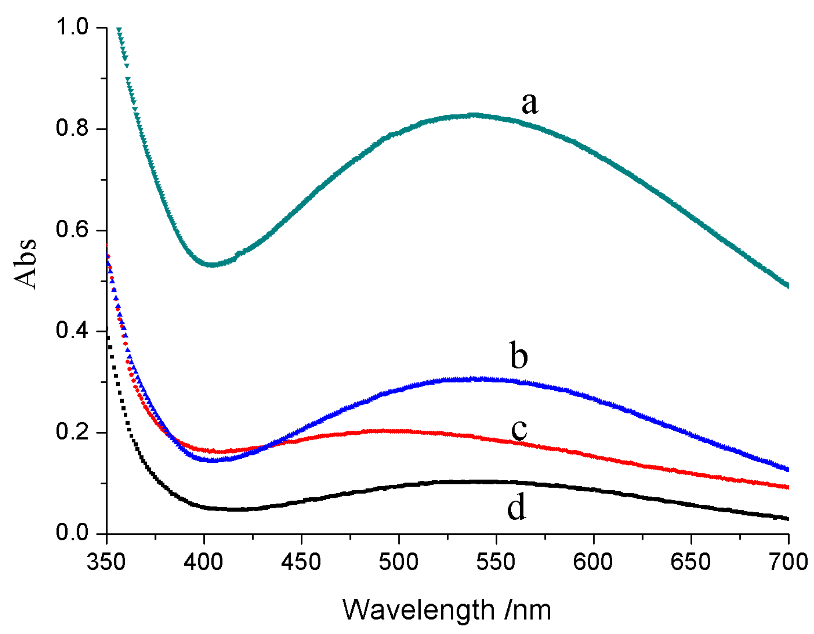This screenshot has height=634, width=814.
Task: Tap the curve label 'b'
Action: [519, 355]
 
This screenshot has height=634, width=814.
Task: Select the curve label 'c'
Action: [519, 430]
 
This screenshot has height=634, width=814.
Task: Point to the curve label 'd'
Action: [516, 506]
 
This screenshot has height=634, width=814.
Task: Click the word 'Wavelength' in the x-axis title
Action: [419, 610]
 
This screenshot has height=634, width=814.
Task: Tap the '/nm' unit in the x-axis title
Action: [528, 610]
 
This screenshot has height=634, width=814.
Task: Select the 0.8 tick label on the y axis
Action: [72, 128]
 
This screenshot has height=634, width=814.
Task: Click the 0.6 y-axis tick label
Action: [72, 230]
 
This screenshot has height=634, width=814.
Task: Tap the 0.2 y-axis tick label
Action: [72, 432]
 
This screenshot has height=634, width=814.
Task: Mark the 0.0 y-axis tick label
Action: [72, 533]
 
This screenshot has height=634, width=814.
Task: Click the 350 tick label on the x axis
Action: [107, 562]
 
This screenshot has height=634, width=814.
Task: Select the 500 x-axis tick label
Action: [398, 562]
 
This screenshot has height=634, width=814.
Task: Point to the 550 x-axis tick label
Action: [496, 562]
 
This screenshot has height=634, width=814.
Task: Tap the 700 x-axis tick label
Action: [788, 562]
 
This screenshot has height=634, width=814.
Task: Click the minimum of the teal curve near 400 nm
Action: [213, 265]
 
